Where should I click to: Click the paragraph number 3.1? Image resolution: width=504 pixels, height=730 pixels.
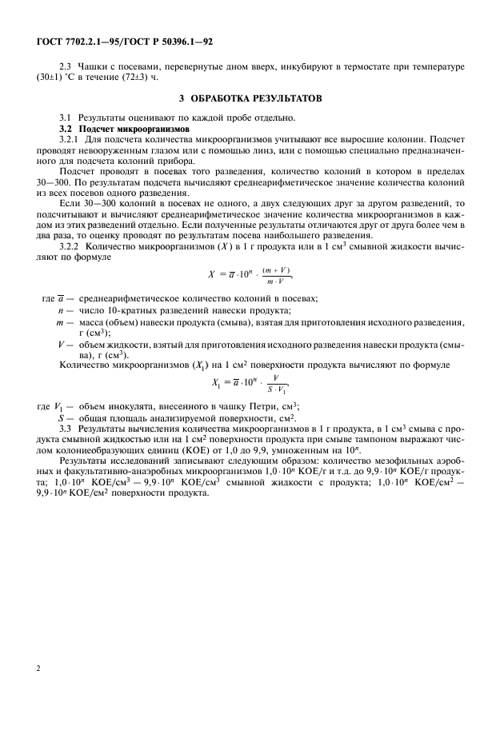point(67,118)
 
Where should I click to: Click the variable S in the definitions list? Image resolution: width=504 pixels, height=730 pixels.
point(61,417)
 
